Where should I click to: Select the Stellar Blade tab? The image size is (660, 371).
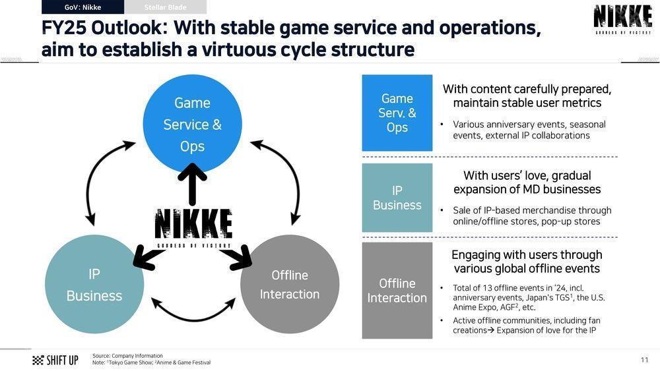click(x=165, y=7)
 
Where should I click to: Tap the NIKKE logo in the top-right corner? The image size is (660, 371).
click(x=622, y=19)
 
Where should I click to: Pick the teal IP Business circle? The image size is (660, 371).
click(x=94, y=284)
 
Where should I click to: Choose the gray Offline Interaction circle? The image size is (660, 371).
click(x=290, y=284)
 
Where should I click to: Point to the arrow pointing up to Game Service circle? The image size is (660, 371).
click(x=193, y=185)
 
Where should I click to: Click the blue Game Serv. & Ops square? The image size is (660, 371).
click(x=397, y=113)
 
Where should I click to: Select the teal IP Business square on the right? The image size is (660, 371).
click(x=397, y=198)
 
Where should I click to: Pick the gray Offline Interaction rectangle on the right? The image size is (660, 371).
click(x=397, y=291)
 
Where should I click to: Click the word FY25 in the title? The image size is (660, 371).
click(x=63, y=29)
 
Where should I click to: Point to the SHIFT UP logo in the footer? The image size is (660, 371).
click(x=55, y=360)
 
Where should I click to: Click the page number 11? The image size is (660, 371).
click(x=644, y=360)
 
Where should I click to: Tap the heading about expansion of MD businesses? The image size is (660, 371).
click(x=527, y=183)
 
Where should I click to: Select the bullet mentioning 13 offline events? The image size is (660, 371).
click(x=528, y=297)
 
